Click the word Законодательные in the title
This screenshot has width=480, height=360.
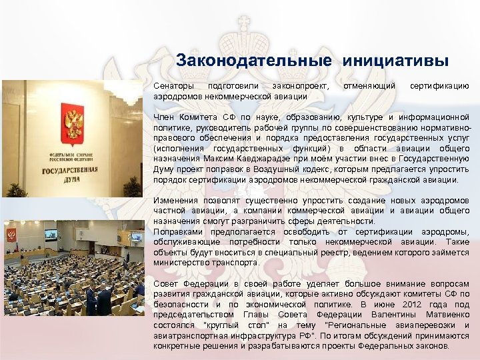(254, 61)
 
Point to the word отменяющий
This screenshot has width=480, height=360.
(368, 87)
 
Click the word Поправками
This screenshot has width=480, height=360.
(178, 231)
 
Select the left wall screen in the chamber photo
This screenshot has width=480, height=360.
(49, 235)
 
